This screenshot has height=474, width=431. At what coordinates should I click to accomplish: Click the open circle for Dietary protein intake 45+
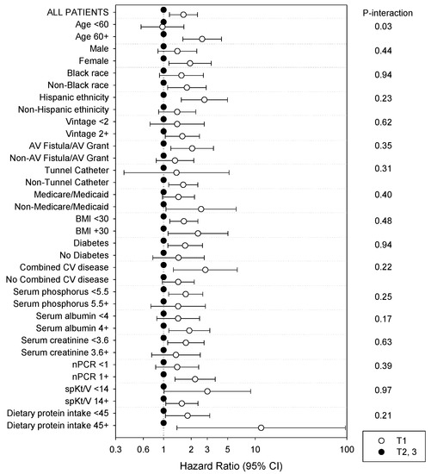click(x=262, y=427)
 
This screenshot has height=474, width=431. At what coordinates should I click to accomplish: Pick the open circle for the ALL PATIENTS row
click(x=182, y=15)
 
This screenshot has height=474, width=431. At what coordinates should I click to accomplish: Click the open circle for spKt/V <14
click(x=207, y=391)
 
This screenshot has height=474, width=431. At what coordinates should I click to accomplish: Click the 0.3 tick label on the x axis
click(x=115, y=447)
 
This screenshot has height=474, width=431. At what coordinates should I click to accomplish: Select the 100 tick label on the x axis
click(x=346, y=447)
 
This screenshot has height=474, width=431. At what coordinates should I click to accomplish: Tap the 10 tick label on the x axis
click(x=256, y=447)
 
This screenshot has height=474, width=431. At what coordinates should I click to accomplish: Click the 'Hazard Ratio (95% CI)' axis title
click(x=230, y=464)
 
